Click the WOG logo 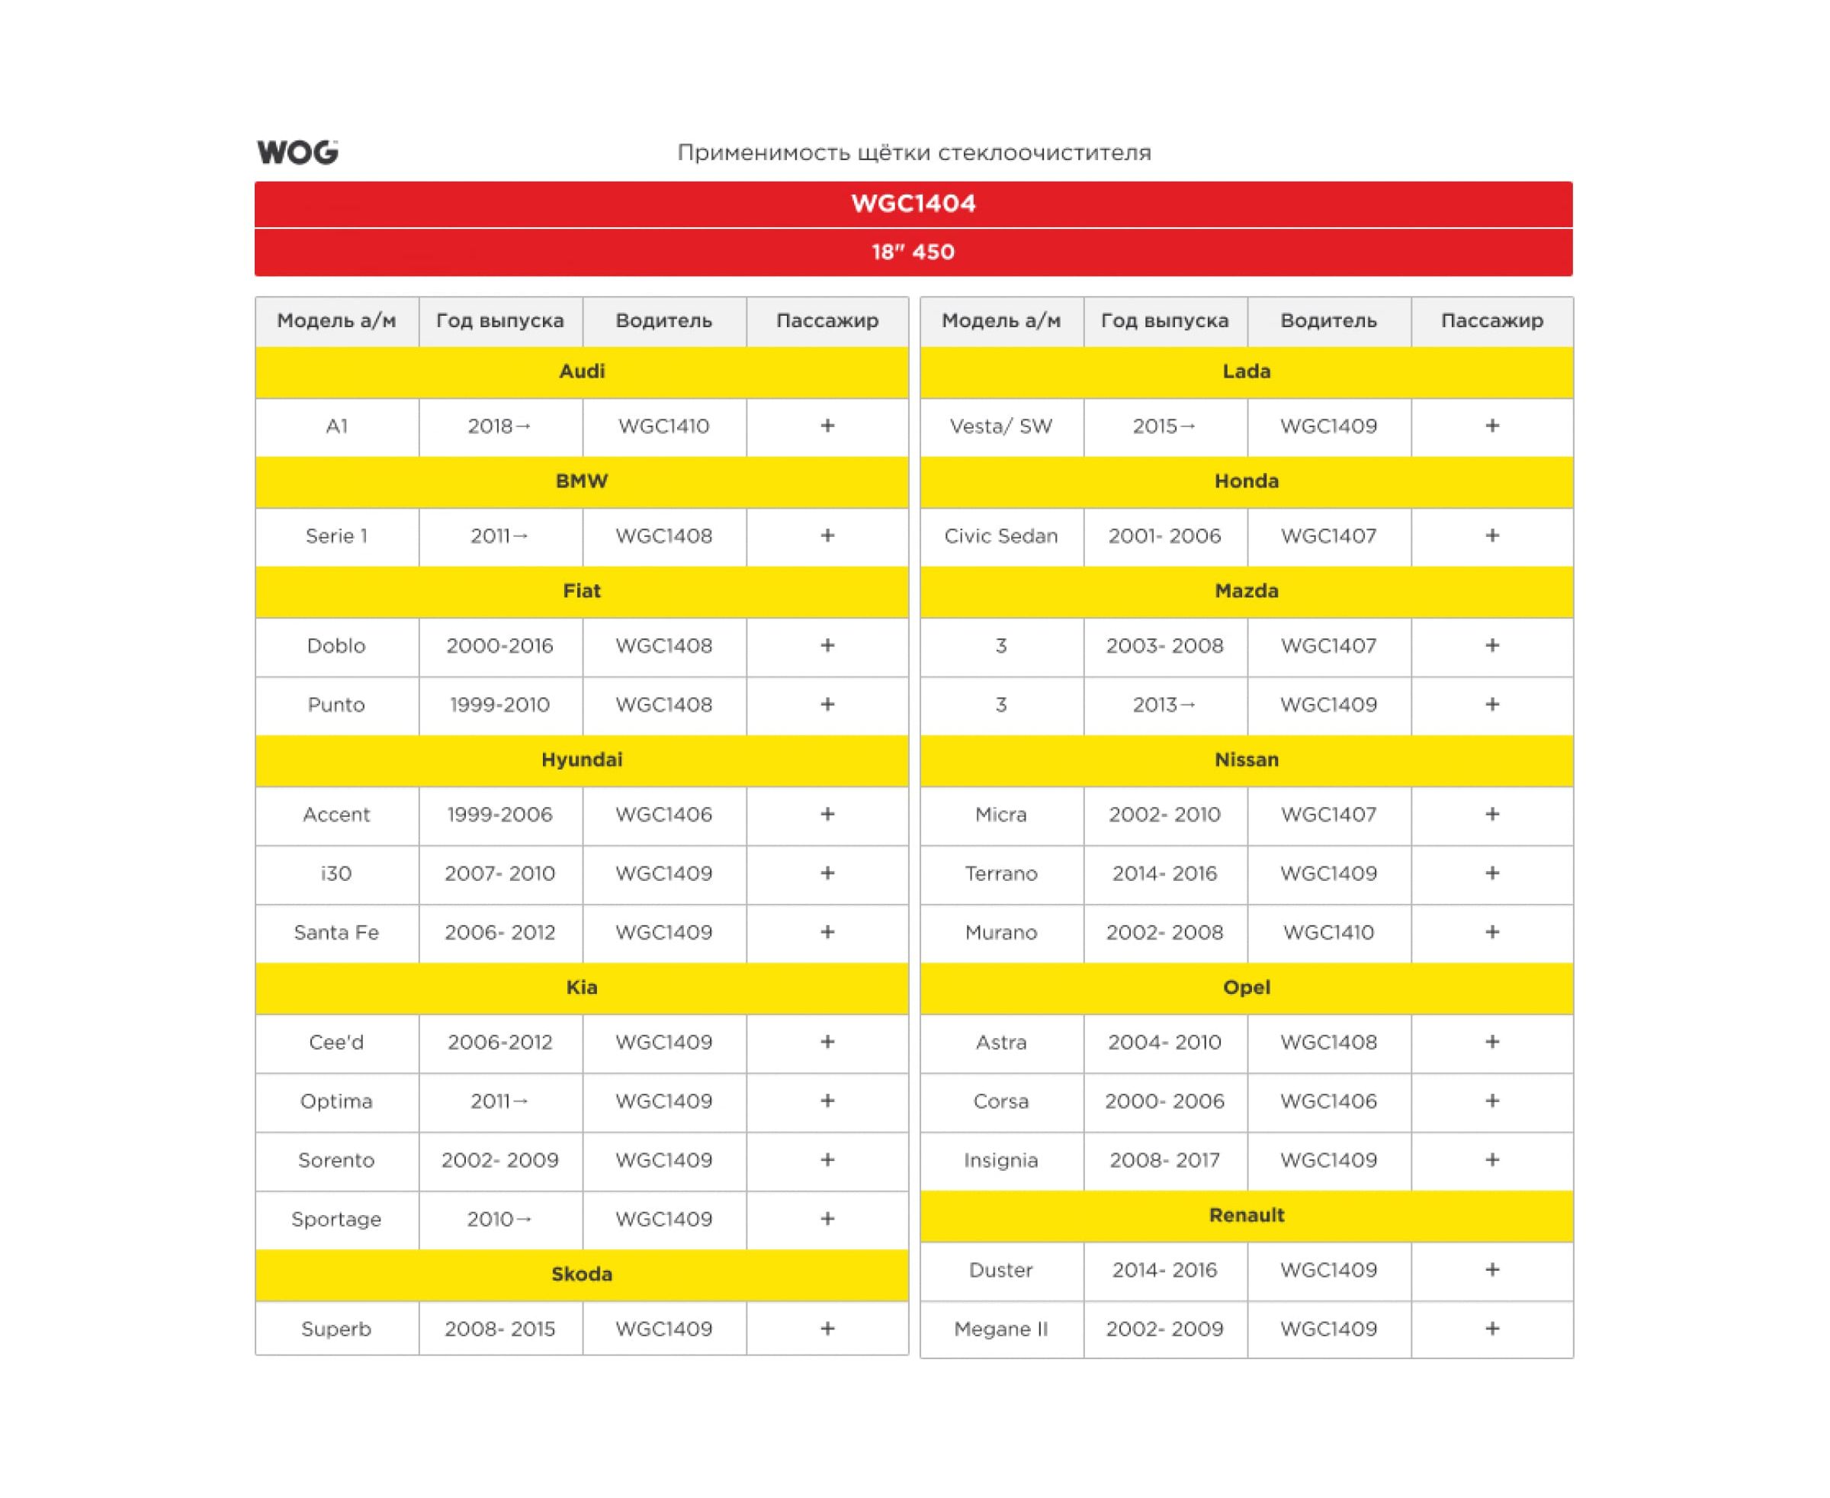click(x=297, y=152)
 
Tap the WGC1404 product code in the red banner click(x=913, y=204)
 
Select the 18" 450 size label click(x=913, y=252)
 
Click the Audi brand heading click(x=582, y=371)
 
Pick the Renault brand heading click(x=1246, y=1215)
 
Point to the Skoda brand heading click(x=582, y=1274)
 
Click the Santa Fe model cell click(x=336, y=932)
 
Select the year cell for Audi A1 click(x=499, y=426)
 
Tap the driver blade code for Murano click(x=1328, y=932)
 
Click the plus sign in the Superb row click(x=827, y=1328)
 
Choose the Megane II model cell click(x=1001, y=1329)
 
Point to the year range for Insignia click(x=1164, y=1160)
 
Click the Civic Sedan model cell click(x=1001, y=536)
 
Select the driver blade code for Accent click(x=663, y=815)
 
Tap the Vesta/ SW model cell click(x=1001, y=426)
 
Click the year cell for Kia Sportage click(x=499, y=1218)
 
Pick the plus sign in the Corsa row click(x=1491, y=1101)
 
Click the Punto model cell click(x=336, y=704)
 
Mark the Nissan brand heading click(x=1246, y=760)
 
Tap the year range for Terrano click(x=1164, y=873)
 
